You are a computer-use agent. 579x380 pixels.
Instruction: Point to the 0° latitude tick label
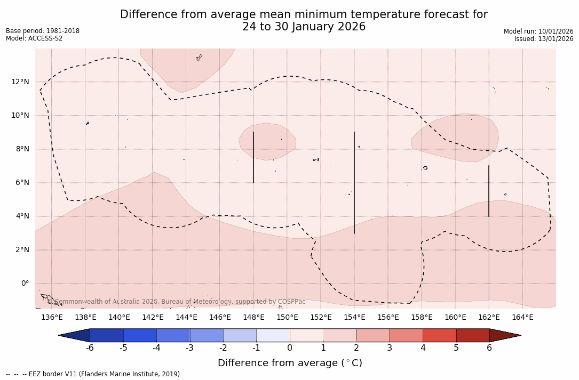click(25, 284)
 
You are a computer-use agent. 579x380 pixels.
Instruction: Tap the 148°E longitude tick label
click(253, 318)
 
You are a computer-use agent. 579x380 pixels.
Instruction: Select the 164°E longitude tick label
click(522, 318)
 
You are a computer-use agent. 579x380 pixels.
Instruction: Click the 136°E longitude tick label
click(52, 318)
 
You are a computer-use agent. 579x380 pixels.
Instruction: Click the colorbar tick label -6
click(90, 348)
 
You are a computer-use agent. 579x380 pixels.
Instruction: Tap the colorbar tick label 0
click(290, 348)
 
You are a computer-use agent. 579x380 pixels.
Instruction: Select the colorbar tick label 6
click(489, 348)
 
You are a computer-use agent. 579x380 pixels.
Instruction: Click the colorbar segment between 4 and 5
click(439, 335)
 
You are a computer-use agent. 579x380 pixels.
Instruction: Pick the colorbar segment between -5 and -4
click(140, 335)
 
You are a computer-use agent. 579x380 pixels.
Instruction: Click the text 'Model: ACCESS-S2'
click(34, 38)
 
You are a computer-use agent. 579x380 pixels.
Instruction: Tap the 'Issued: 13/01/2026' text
click(544, 39)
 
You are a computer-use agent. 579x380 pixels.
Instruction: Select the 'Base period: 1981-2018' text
click(43, 31)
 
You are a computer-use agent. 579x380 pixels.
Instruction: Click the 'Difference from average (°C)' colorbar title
click(290, 363)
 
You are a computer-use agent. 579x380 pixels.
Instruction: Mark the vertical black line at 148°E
click(253, 157)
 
